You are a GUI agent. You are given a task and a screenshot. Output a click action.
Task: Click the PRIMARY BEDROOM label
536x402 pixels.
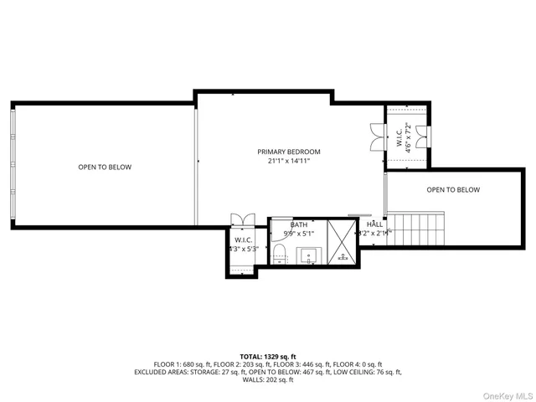288,152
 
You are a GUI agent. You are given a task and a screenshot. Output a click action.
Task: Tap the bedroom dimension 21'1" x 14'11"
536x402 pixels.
288,161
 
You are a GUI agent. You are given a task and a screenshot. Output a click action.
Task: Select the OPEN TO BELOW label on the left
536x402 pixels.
105,167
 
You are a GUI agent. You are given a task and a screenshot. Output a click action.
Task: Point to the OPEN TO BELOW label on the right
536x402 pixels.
453,189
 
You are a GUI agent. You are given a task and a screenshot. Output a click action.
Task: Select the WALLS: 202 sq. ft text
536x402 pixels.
268,380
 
